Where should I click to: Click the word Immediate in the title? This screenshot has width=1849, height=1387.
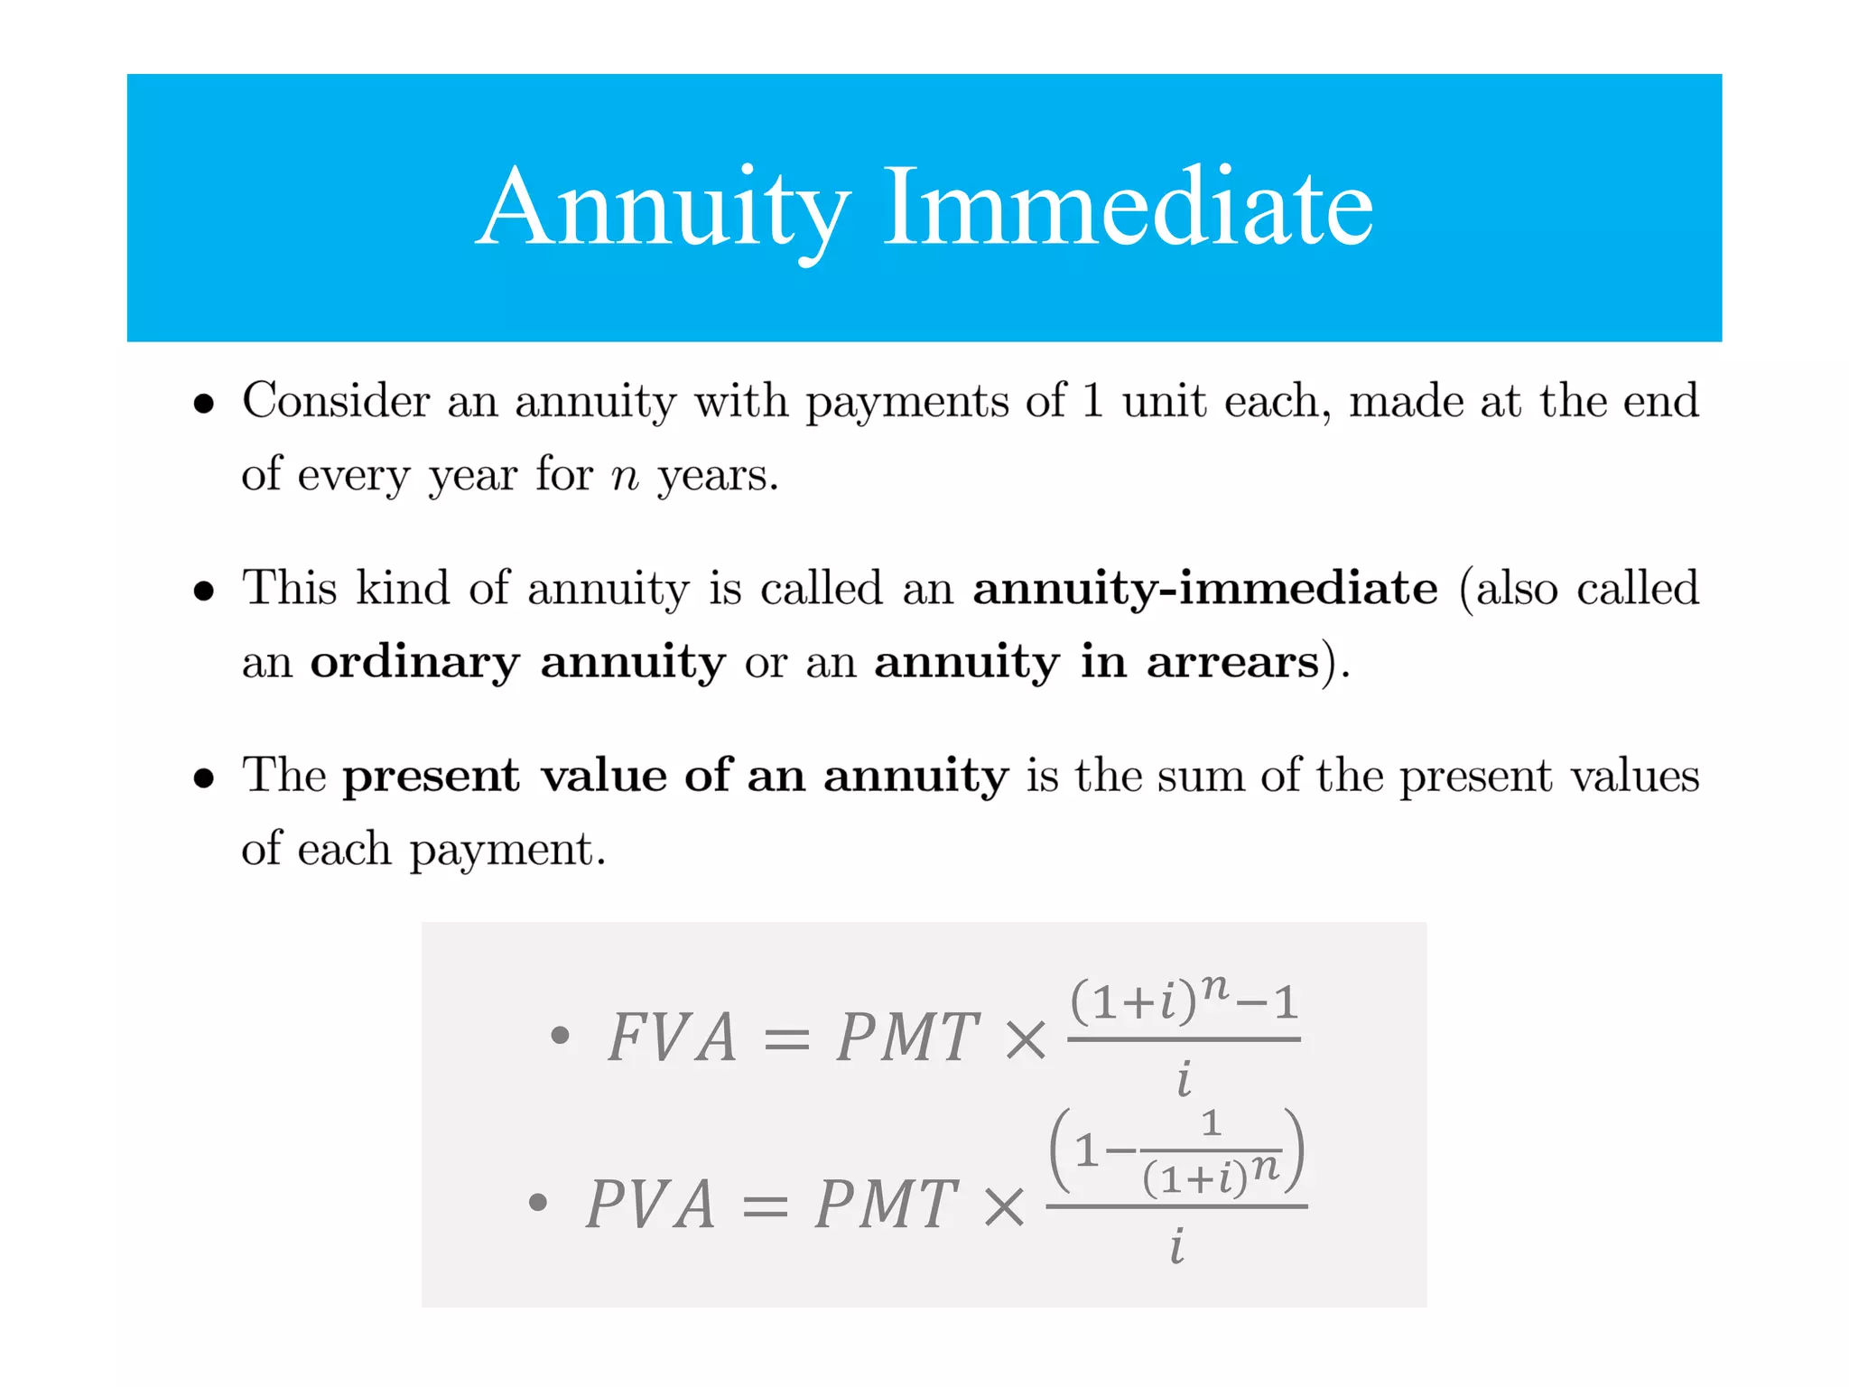point(1128,207)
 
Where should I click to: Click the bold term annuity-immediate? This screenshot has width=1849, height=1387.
point(1205,588)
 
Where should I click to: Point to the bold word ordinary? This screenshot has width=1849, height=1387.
point(415,664)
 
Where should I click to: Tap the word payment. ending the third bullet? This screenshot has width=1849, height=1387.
point(507,851)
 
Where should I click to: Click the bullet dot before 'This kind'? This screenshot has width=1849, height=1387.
point(204,591)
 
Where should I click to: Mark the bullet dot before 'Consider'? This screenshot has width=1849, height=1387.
point(204,404)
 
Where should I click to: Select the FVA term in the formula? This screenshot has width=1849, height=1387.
point(673,1037)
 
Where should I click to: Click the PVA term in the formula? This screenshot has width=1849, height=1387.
point(651,1204)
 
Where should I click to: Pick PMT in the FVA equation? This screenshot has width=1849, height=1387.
point(907,1037)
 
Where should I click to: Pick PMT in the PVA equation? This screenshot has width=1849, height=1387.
point(886,1204)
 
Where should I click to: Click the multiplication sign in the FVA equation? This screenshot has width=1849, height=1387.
point(1026,1039)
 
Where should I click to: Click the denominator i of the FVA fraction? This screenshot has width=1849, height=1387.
point(1184,1079)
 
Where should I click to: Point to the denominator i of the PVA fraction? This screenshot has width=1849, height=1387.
point(1176,1247)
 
